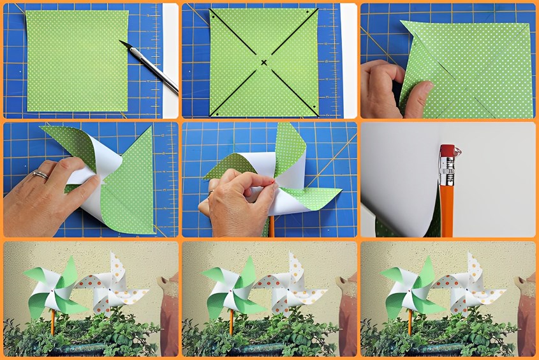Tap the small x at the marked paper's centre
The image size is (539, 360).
point(263,62)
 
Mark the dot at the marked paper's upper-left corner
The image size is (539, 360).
point(214,12)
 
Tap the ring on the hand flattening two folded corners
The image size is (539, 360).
point(40,174)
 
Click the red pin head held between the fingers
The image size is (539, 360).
point(274,184)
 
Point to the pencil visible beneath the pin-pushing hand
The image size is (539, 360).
point(271,227)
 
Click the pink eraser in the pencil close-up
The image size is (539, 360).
point(446,151)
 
